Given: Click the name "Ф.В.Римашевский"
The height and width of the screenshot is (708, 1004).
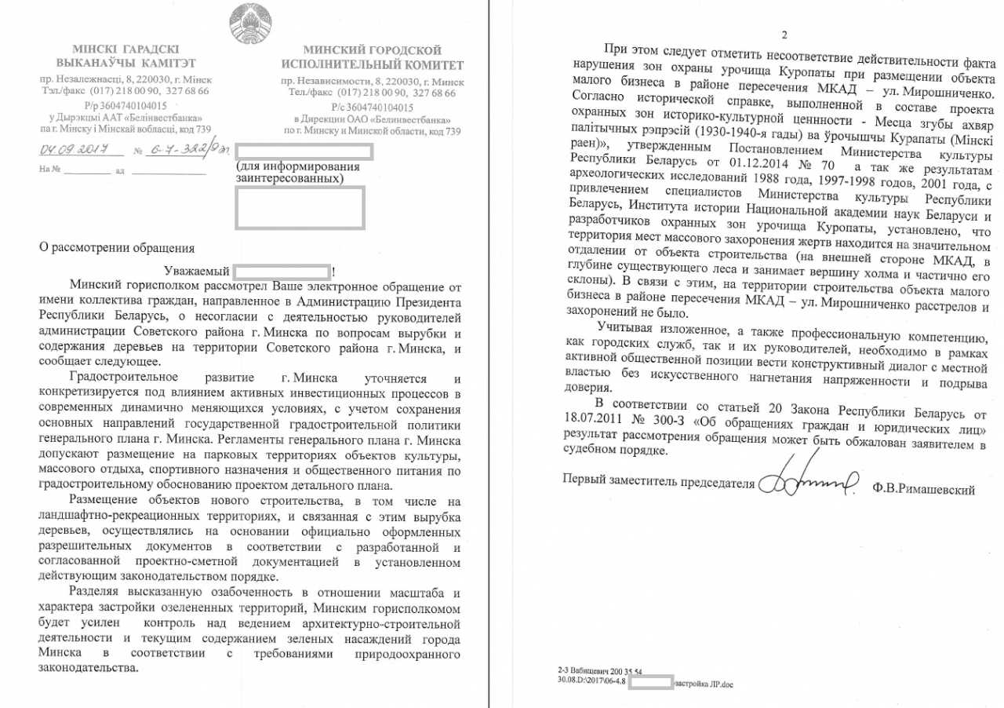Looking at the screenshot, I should click(x=923, y=489).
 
